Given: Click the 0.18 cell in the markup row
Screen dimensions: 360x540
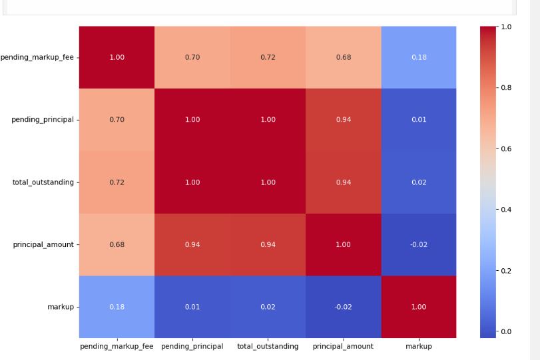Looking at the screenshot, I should (x=117, y=307).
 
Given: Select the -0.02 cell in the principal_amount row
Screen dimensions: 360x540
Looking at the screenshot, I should (x=418, y=244).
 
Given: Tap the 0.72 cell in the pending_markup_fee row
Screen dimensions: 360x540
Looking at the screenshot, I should (x=268, y=57).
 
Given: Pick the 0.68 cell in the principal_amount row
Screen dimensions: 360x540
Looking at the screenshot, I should (x=117, y=244).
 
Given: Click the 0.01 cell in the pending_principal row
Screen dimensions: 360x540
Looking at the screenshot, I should (x=418, y=120).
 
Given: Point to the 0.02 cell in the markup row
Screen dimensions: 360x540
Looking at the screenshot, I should (x=268, y=307).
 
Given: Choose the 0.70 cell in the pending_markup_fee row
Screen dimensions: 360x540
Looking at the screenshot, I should (x=192, y=57).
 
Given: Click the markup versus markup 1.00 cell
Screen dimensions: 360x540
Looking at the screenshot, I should (x=418, y=307).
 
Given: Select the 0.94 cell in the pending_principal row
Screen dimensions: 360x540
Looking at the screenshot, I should (x=343, y=120).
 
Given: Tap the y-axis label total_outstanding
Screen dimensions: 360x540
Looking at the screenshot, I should (x=43, y=182).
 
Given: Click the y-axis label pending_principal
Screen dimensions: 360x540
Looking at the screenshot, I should (x=42, y=120).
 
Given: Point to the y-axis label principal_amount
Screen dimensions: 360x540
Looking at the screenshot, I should (x=43, y=244).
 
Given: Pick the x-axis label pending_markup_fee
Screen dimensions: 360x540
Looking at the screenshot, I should (x=117, y=346).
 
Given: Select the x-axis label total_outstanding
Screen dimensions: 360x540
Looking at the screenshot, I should (x=268, y=346).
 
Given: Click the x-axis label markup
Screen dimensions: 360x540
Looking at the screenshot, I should (x=418, y=346).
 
